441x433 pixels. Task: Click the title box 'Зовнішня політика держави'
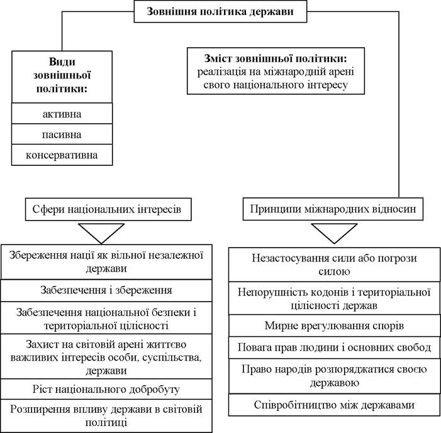tap(220, 11)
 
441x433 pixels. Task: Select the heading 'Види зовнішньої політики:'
tap(62, 75)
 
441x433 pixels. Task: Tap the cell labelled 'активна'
tap(62, 114)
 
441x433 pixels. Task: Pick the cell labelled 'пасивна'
tap(62, 134)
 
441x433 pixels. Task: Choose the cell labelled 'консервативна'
tap(62, 155)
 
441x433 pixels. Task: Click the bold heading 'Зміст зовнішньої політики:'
tap(276, 58)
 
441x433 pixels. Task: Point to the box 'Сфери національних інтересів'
tap(108, 209)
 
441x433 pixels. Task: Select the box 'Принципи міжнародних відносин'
tap(333, 209)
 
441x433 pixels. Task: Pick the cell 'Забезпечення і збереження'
tap(106, 290)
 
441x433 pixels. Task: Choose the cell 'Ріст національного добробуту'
tap(106, 389)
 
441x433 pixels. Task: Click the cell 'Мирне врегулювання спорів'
tap(335, 326)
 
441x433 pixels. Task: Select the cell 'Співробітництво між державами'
tap(335, 405)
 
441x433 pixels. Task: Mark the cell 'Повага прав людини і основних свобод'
tap(335, 348)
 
